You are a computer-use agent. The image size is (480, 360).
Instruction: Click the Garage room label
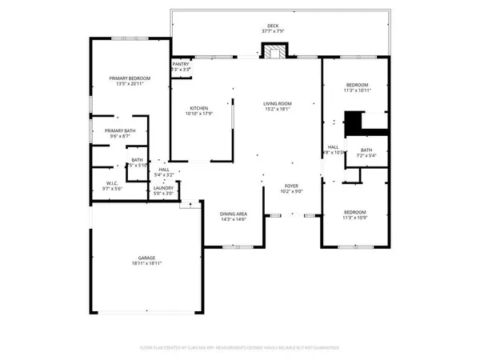pyautogui.click(x=146, y=258)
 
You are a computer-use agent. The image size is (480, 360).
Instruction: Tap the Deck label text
pyautogui.click(x=273, y=26)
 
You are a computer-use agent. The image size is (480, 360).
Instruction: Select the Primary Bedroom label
pyautogui.click(x=130, y=78)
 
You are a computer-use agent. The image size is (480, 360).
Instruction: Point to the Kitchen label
pyautogui.click(x=199, y=109)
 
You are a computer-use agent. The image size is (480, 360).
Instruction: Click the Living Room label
pyautogui.click(x=278, y=103)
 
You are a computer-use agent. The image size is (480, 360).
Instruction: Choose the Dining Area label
pyautogui.click(x=234, y=214)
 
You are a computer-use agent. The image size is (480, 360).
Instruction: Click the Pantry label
pyautogui.click(x=181, y=64)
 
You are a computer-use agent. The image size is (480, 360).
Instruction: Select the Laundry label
pyautogui.click(x=163, y=188)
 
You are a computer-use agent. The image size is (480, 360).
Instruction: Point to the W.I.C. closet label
pyautogui.click(x=112, y=182)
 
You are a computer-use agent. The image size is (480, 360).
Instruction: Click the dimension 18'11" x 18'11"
pyautogui.click(x=146, y=263)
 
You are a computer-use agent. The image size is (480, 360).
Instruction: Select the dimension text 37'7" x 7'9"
pyautogui.click(x=273, y=31)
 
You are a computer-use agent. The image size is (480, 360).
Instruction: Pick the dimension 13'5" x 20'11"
pyautogui.click(x=130, y=83)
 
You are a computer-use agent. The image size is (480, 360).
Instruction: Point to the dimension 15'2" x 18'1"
pyautogui.click(x=278, y=109)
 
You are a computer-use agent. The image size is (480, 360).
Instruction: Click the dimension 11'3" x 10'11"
pyautogui.click(x=357, y=91)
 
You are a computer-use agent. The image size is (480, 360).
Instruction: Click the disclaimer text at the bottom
pyautogui.click(x=240, y=349)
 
